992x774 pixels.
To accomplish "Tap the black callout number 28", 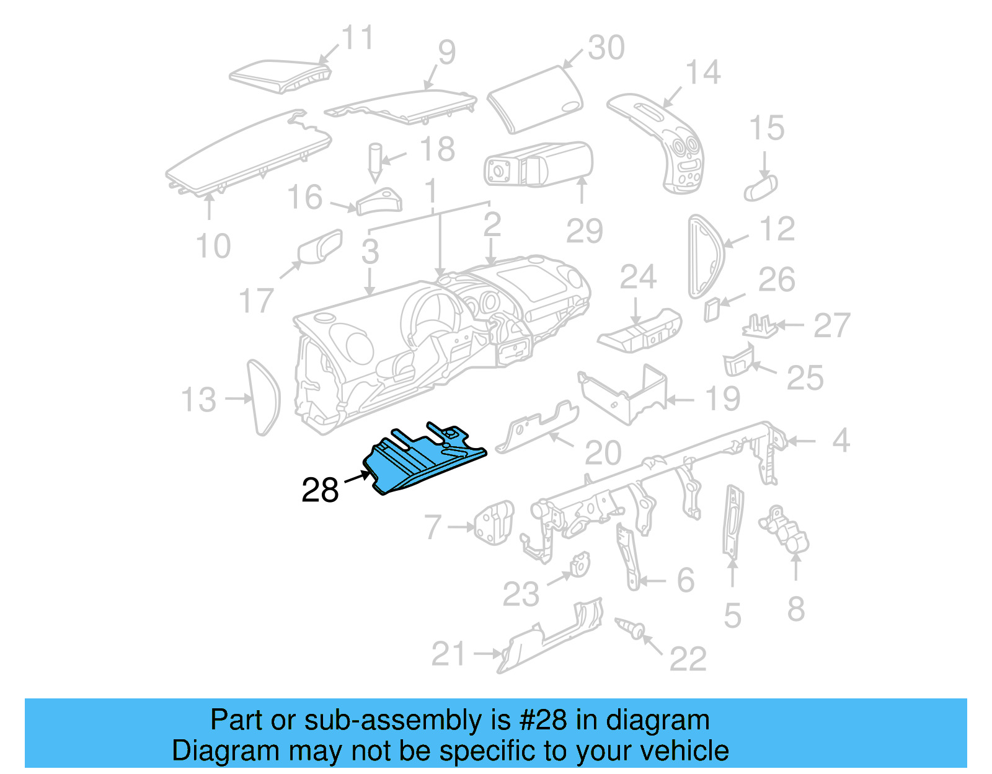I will coord(320,490).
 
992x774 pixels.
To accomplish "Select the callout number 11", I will coord(358,38).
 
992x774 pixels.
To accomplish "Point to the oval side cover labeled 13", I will coord(263,398).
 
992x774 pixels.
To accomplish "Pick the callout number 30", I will coord(606,48).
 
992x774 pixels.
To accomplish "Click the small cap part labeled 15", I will coord(760,187).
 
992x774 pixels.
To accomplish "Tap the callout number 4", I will coord(840,441).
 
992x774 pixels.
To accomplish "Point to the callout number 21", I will coord(448,654).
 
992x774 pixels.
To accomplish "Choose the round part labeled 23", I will coord(580,565).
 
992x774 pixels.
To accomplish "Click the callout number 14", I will coord(703,73).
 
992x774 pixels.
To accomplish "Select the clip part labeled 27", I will coord(760,327).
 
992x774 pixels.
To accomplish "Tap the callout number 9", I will coord(446,53).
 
